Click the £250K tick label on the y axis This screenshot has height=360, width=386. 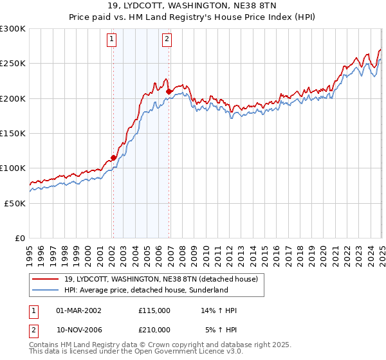pos(13,64)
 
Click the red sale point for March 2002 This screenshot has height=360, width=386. pos(113,157)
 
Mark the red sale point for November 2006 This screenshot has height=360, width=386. pos(169,91)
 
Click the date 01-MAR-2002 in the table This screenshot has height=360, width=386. pos(79,310)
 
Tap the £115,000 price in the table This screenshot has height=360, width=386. pos(154,310)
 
